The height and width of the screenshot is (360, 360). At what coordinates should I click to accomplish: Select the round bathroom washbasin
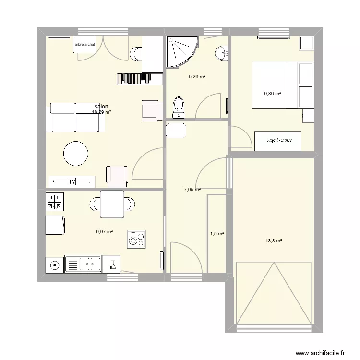coord(221,53)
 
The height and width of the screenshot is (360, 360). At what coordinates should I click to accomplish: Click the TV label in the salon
coord(72,181)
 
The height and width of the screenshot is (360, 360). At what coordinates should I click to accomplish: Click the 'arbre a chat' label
coord(85,45)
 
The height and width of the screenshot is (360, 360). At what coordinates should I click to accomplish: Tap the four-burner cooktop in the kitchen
coord(136,239)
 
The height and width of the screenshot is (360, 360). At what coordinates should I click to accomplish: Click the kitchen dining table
coord(112,204)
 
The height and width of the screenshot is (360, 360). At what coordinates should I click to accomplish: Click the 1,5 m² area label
coord(217,234)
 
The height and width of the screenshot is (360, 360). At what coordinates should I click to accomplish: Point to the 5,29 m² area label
coord(197,76)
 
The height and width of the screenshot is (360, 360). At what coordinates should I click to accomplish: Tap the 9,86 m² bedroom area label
coord(272,94)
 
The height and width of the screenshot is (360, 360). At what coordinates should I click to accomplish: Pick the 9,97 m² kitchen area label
coord(104,231)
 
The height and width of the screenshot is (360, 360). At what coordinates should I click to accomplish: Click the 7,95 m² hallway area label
coord(192,190)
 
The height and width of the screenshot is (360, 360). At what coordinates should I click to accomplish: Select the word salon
coord(101,107)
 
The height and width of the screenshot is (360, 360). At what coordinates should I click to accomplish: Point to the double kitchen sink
coord(83,264)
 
